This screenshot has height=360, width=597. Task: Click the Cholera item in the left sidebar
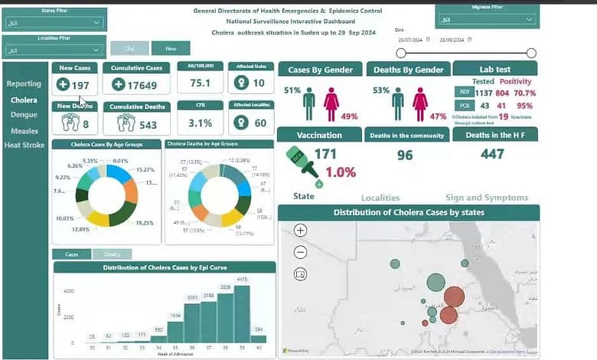coord(24,100)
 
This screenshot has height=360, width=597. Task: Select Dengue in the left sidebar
coord(24,115)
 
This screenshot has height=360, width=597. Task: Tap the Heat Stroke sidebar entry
coord(24,145)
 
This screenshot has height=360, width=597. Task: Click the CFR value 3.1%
coord(200,123)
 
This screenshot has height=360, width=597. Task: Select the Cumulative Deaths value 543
coord(142,125)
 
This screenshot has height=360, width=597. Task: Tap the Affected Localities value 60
coord(260,123)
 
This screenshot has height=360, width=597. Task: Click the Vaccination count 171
coord(325,154)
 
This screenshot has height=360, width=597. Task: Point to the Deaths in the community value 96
coord(405,155)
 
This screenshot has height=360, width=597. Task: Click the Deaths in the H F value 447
coord(492,154)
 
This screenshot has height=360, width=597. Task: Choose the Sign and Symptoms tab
coord(486,198)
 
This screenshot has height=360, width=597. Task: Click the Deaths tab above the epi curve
coord(112,254)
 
